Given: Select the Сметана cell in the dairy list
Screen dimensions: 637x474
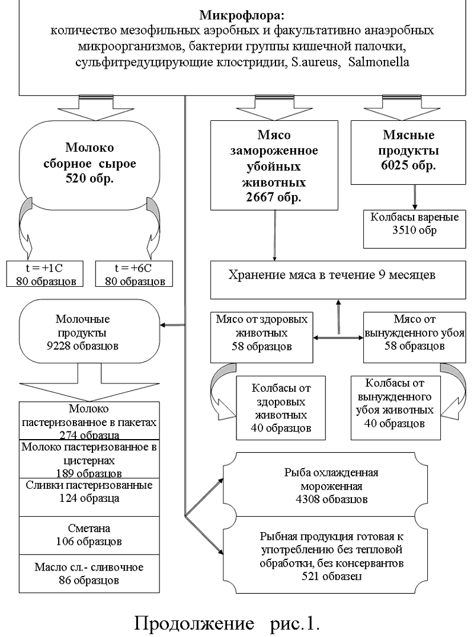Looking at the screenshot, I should pyautogui.click(x=90, y=533).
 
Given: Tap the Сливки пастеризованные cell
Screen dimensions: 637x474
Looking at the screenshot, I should pyautogui.click(x=90, y=492).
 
